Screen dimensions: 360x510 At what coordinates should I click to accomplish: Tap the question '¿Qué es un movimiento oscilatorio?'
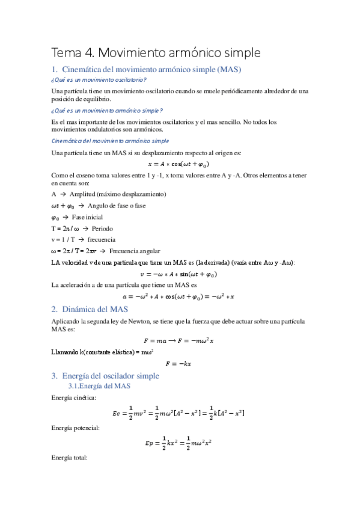[x=99, y=79]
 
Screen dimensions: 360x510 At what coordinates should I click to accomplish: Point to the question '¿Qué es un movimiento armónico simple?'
[x=107, y=111]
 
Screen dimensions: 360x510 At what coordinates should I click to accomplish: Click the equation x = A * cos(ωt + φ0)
[x=178, y=164]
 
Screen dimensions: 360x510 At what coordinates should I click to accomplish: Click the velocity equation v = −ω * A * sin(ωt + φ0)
[x=178, y=274]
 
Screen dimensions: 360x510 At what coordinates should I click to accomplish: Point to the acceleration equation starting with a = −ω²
[x=178, y=296]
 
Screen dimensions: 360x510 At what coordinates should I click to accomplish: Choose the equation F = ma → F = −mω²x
[x=178, y=340]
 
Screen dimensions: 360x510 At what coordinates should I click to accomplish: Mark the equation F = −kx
[x=178, y=363]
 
